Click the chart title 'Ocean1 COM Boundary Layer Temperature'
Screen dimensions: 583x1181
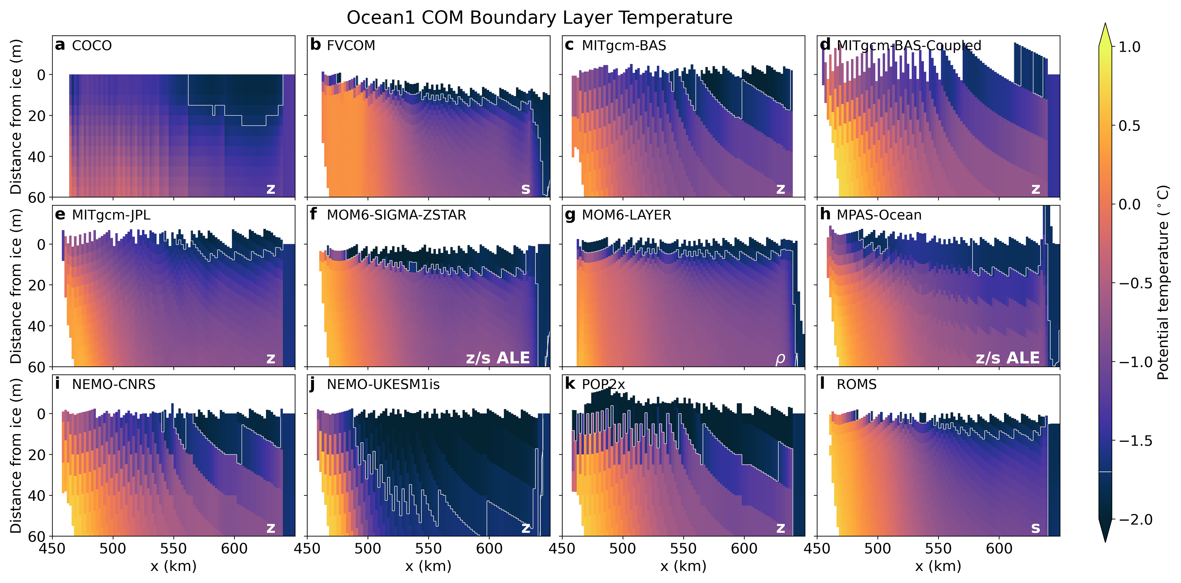pyautogui.click(x=539, y=18)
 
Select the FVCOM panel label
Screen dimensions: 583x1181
pyautogui.click(x=351, y=46)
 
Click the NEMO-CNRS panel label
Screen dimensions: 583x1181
pyautogui.click(x=114, y=384)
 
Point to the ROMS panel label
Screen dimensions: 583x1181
pyautogui.click(x=856, y=384)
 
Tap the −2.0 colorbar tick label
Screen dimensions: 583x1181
pyautogui.click(x=1135, y=520)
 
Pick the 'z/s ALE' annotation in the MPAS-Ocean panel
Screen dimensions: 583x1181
pyautogui.click(x=1007, y=358)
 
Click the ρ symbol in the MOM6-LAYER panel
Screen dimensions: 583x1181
pyautogui.click(x=780, y=359)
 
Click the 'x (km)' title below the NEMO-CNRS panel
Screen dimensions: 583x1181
pyautogui.click(x=173, y=566)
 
